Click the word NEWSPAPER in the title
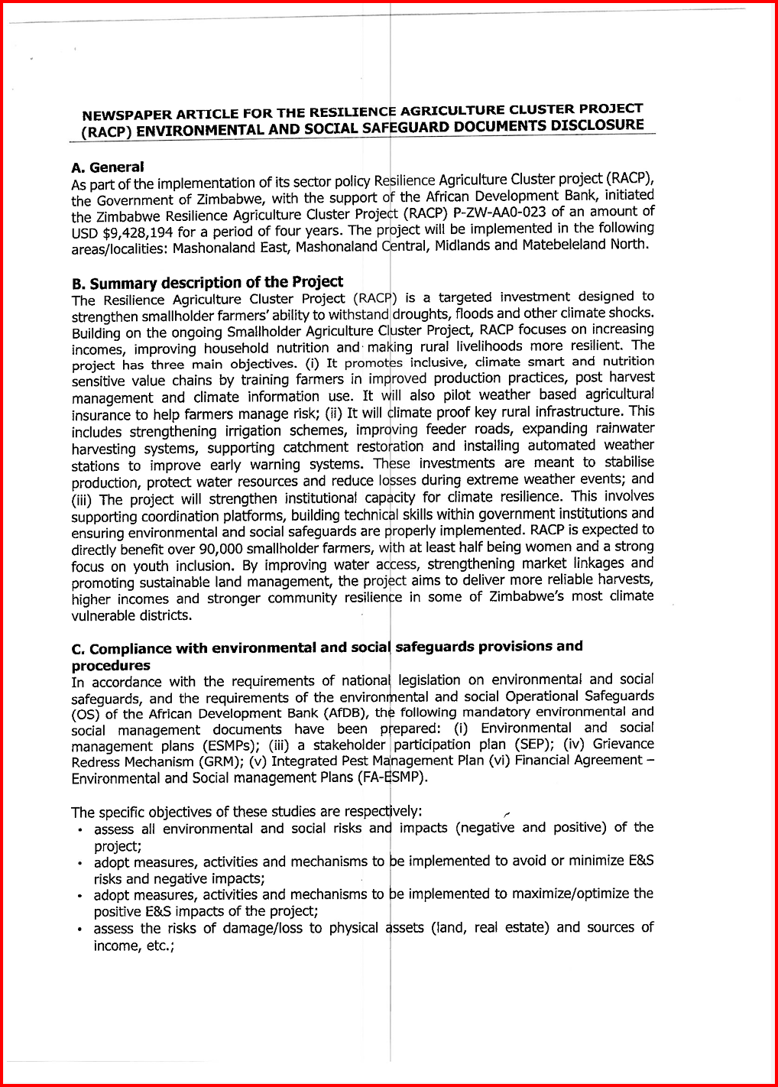point(121,115)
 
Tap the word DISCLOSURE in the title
point(601,125)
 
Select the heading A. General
point(107,167)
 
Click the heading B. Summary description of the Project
point(207,283)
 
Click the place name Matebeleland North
point(585,245)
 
